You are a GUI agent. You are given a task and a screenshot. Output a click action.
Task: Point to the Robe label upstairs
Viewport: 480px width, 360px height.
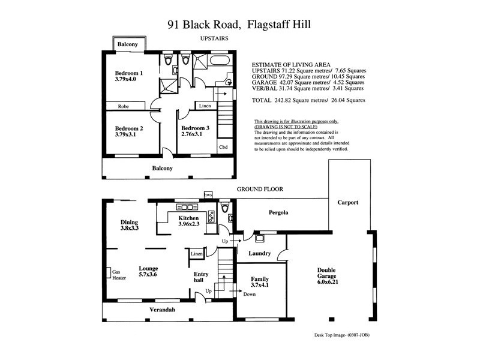tap(123, 106)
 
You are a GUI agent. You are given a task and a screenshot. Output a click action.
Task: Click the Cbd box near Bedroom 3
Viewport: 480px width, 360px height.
tap(223, 147)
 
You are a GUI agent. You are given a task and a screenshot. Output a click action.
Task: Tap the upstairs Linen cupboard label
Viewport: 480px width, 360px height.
tap(203, 107)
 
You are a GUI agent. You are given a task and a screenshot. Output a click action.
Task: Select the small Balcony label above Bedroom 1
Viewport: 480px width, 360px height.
tap(127, 45)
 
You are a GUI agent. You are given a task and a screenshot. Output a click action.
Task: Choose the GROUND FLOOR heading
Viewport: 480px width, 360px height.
tap(259, 189)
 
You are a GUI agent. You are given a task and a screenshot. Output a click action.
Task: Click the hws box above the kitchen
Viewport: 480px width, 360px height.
tap(208, 194)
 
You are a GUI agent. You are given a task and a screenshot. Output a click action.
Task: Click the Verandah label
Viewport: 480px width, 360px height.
tap(162, 310)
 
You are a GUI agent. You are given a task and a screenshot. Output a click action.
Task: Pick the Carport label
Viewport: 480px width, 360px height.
tap(347, 203)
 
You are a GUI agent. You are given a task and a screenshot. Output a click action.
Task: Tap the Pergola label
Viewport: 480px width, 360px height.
tap(278, 212)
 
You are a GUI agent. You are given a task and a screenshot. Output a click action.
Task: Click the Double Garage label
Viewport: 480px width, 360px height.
tap(331, 273)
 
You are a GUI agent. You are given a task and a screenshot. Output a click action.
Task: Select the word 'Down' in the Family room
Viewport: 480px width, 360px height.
tap(250, 295)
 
